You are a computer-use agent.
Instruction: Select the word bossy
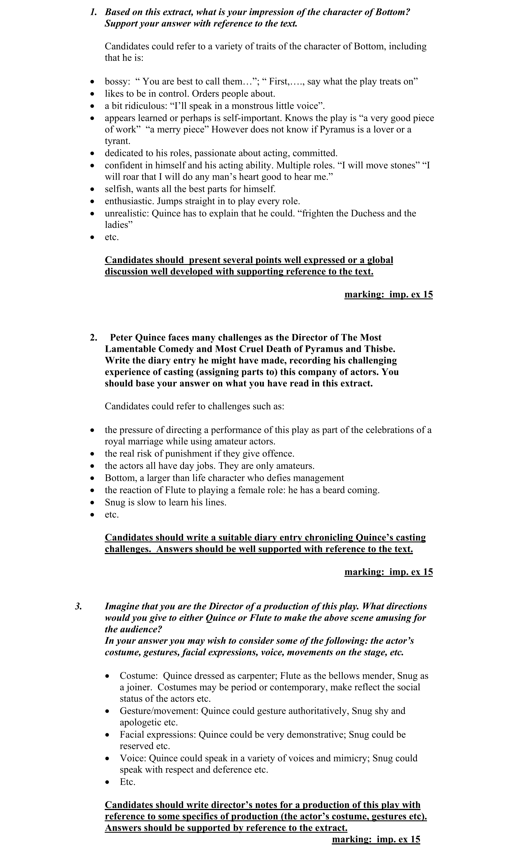click(117, 82)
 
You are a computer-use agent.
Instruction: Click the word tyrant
click(117, 141)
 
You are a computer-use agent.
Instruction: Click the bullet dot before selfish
click(92, 189)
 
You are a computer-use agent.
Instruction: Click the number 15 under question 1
click(426, 295)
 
